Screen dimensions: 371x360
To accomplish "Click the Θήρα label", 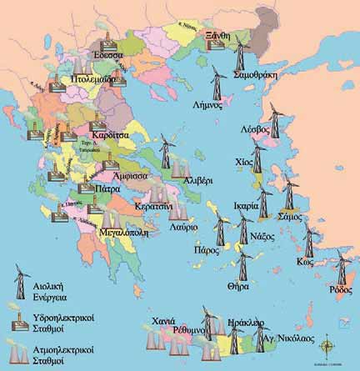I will point(239,285).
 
